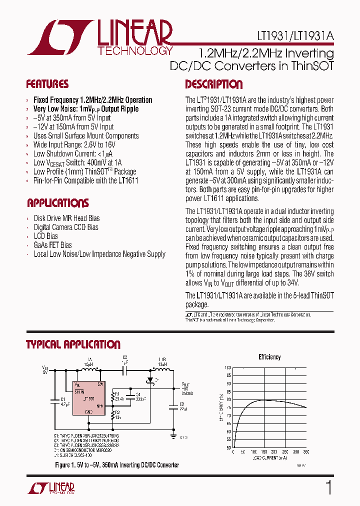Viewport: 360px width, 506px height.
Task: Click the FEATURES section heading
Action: point(47,84)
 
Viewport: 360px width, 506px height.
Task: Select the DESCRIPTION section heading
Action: point(213,84)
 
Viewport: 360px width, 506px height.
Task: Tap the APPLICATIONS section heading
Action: point(57,203)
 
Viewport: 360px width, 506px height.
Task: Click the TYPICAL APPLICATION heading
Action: point(73,344)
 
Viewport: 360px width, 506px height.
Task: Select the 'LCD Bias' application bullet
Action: point(45,236)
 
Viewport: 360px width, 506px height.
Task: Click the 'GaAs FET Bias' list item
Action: point(52,245)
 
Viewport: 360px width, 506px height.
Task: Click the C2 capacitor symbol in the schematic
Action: point(125,370)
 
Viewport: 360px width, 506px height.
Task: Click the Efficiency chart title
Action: point(269,357)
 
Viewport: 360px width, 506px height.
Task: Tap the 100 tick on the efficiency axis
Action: point(228,367)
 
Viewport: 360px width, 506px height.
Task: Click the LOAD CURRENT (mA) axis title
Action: point(269,458)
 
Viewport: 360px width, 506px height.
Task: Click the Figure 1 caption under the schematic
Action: point(116,465)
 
